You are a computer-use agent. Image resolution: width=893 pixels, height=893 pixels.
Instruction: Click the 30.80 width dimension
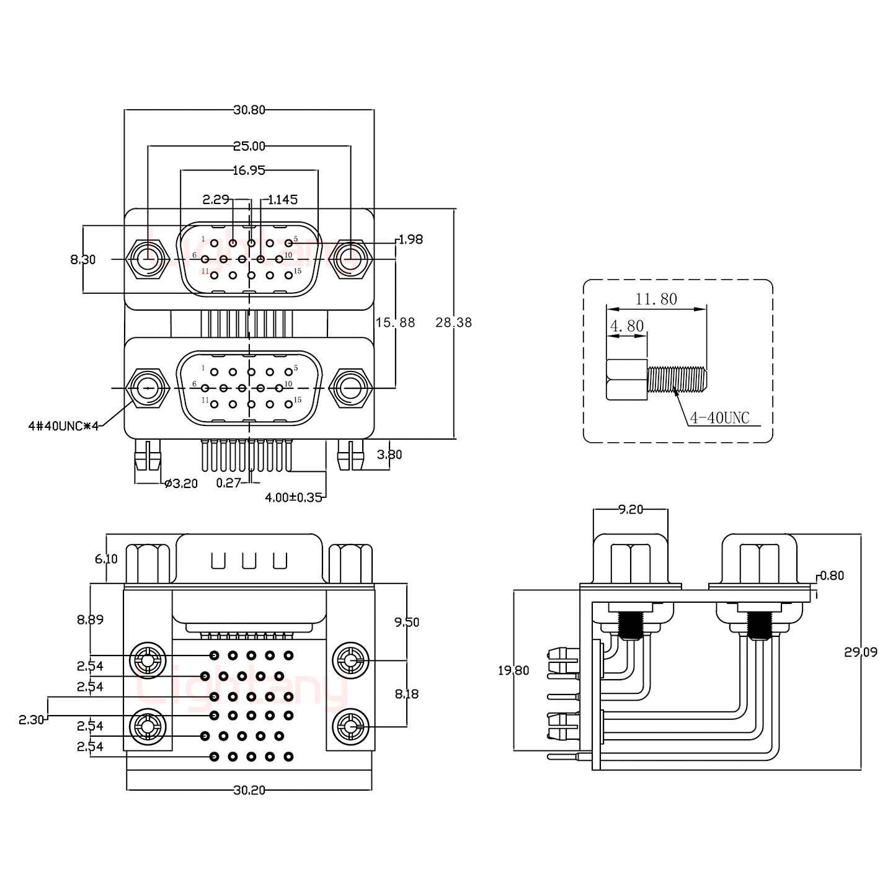tap(249, 110)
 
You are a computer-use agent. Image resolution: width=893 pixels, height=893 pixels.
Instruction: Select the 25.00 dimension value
tap(249, 146)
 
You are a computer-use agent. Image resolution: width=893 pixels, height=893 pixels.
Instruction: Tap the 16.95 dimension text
tap(249, 170)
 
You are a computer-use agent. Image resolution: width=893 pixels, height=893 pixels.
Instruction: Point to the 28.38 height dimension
tap(453, 322)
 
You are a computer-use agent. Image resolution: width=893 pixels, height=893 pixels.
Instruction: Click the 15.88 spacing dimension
tap(395, 322)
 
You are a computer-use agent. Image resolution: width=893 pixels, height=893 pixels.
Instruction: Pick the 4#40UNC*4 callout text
tap(64, 425)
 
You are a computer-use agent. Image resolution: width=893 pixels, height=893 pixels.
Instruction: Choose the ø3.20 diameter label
tap(180, 484)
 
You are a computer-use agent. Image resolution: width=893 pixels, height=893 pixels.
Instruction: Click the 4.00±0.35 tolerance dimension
tap(293, 497)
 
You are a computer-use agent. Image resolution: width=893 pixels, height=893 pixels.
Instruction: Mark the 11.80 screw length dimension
tap(656, 299)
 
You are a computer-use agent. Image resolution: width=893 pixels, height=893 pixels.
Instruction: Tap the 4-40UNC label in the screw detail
tap(719, 419)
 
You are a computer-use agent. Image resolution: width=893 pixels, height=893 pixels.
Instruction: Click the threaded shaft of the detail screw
tap(677, 380)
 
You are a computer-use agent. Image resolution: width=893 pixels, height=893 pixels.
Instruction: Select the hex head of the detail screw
tap(627, 380)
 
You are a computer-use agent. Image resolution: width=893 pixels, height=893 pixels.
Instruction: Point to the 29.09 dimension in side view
tap(860, 652)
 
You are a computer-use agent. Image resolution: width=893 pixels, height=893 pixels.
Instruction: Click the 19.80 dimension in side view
tap(513, 670)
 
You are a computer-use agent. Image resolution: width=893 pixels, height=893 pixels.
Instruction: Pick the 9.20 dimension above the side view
tap(630, 510)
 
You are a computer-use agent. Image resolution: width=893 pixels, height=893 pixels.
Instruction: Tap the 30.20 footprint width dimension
tap(249, 790)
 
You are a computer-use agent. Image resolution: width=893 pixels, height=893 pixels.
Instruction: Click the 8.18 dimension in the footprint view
tap(406, 694)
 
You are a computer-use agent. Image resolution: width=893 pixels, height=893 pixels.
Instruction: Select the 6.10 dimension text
tap(106, 559)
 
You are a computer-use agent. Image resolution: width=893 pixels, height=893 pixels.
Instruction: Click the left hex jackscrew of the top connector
tap(148, 258)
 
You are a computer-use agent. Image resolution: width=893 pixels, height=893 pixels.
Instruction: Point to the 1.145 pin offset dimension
tap(283, 200)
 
